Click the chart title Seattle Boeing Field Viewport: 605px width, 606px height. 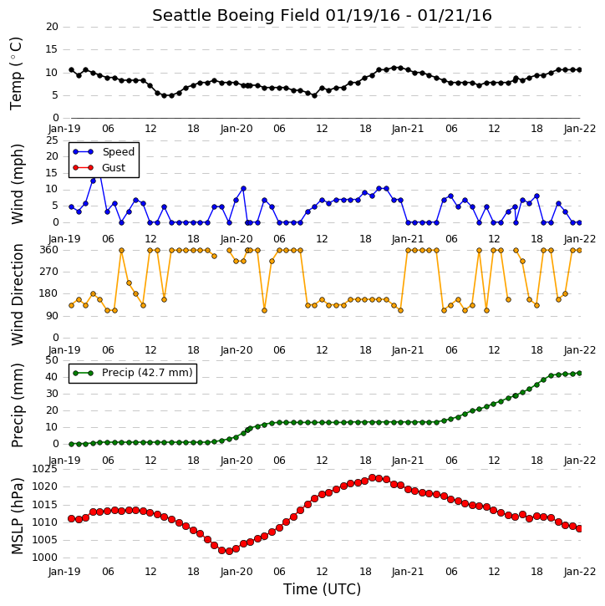[236, 16]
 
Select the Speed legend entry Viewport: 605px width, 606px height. [104, 152]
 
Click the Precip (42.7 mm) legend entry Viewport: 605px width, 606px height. [133, 373]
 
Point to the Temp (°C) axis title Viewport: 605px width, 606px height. [16, 74]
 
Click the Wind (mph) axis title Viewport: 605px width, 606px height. [17, 184]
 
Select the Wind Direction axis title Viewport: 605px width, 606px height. [17, 294]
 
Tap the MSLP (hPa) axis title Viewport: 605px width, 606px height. [17, 516]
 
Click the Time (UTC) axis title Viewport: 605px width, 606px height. [322, 589]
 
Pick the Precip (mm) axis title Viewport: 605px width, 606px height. [17, 405]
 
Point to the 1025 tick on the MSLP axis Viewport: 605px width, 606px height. [44, 469]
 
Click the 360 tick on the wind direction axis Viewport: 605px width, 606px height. [49, 250]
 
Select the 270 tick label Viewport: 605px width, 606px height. [49, 272]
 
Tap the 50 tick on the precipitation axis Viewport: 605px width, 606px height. [52, 360]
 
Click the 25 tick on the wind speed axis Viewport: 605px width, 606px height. [52, 140]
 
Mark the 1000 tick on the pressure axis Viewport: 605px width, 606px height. [44, 558]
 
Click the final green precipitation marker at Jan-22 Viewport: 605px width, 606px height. [579, 373]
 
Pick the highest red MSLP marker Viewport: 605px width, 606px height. [372, 477]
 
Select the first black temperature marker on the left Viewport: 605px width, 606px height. [72, 70]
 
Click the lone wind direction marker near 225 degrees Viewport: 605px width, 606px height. [129, 283]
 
